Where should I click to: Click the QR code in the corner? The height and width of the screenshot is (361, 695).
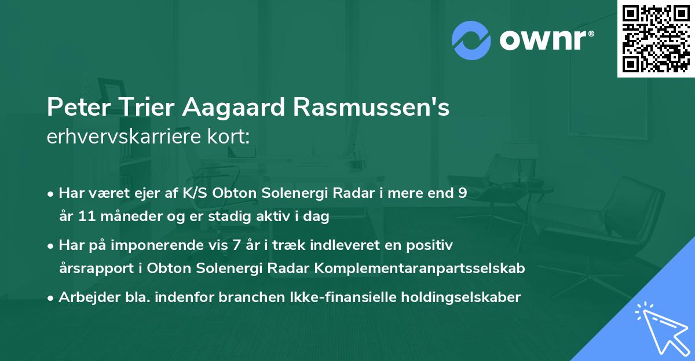point(656,38)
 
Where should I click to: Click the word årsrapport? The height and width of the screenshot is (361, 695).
point(93,268)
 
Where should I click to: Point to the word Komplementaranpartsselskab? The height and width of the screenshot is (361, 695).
point(424,268)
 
